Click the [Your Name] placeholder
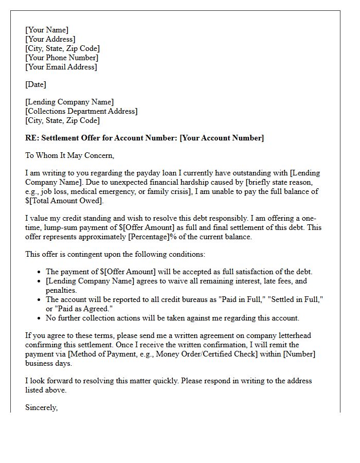pyautogui.click(x=47, y=30)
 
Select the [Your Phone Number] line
pyautogui.click(x=61, y=58)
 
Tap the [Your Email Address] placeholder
pyautogui.click(x=61, y=67)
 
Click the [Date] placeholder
pyautogui.click(x=35, y=84)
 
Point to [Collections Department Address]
pyautogui.click(x=81, y=111)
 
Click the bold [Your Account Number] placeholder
pyautogui.click(x=222, y=138)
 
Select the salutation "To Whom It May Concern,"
pyautogui.click(x=69, y=155)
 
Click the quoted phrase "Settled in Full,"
pyautogui.click(x=291, y=299)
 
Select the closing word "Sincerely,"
pyautogui.click(x=42, y=407)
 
